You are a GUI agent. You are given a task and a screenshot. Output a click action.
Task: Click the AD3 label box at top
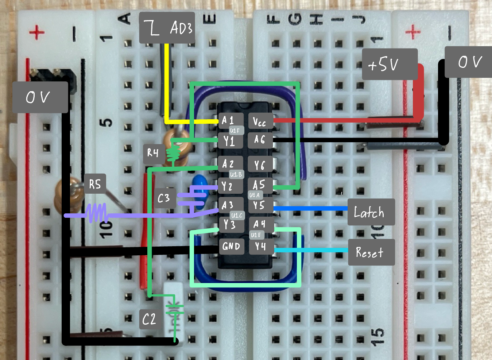click(x=167, y=28)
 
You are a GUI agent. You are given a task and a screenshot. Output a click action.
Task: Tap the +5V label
click(x=390, y=64)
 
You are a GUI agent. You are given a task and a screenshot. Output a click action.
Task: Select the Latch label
click(x=371, y=212)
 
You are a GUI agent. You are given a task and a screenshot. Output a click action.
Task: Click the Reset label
click(x=371, y=252)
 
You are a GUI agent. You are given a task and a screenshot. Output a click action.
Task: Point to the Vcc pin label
click(x=260, y=121)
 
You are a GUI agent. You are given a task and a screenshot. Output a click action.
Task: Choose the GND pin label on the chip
click(x=231, y=247)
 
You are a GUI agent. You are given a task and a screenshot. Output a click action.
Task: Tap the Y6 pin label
click(x=260, y=165)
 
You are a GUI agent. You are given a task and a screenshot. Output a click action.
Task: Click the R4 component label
click(x=153, y=153)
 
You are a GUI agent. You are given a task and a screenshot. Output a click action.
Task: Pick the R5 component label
click(x=95, y=184)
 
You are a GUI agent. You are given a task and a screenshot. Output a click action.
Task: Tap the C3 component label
click(x=164, y=198)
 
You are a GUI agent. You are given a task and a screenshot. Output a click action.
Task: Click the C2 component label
click(x=149, y=319)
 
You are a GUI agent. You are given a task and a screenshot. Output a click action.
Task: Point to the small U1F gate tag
click(x=235, y=130)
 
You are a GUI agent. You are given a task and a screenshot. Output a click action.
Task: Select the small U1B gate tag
click(x=236, y=174)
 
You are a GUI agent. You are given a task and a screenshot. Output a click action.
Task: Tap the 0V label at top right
click(x=468, y=62)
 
